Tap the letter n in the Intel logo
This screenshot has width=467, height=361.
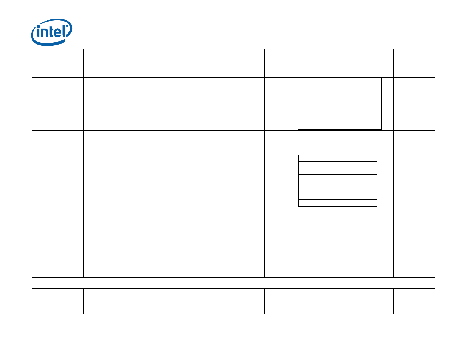(x=45, y=33)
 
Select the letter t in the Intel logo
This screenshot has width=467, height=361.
(x=52, y=32)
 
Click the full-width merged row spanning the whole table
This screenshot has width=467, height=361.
(x=233, y=283)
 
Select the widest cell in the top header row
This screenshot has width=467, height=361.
(x=198, y=63)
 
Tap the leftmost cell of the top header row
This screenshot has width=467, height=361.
(x=57, y=63)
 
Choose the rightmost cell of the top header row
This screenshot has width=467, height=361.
(x=423, y=63)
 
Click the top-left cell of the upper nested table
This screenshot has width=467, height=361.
(x=308, y=83)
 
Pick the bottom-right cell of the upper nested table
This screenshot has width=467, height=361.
(x=371, y=125)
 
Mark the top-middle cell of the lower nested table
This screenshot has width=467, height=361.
(x=337, y=158)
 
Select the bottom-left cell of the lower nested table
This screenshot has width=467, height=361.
(x=308, y=203)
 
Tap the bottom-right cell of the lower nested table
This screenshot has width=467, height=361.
(x=366, y=203)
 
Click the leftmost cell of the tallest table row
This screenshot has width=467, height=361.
(x=57, y=195)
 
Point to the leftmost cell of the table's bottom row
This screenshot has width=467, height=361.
(x=57, y=301)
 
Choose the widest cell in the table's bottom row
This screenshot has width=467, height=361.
(x=198, y=301)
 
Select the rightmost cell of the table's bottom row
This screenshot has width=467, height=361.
(x=423, y=301)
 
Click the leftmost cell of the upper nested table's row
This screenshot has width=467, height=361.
(x=57, y=104)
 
